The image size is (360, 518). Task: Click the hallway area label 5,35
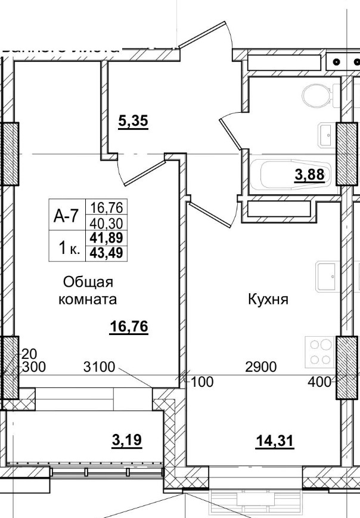[x=133, y=122]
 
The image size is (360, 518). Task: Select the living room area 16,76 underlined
[x=129, y=326]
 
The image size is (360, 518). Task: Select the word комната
[x=88, y=299]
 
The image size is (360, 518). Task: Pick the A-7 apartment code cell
[x=66, y=216]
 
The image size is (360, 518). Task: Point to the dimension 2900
[x=261, y=367]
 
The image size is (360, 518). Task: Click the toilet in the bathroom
[x=316, y=95]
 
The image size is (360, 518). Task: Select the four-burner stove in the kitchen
[x=320, y=352]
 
